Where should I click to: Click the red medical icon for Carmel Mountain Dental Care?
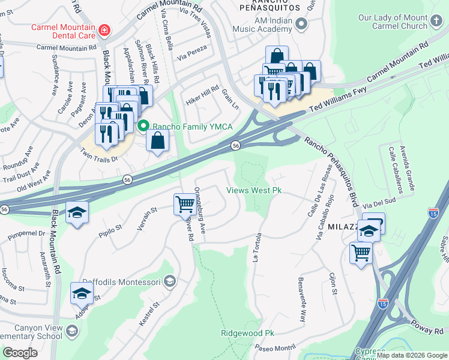[x=104, y=29]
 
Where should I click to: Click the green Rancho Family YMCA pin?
[x=143, y=126]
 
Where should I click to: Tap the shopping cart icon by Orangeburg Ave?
[x=184, y=205]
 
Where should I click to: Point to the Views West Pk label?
[x=254, y=191]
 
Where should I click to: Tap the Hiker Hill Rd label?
[x=202, y=95]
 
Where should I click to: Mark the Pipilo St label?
[x=110, y=229]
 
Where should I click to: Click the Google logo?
[x=20, y=353]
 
